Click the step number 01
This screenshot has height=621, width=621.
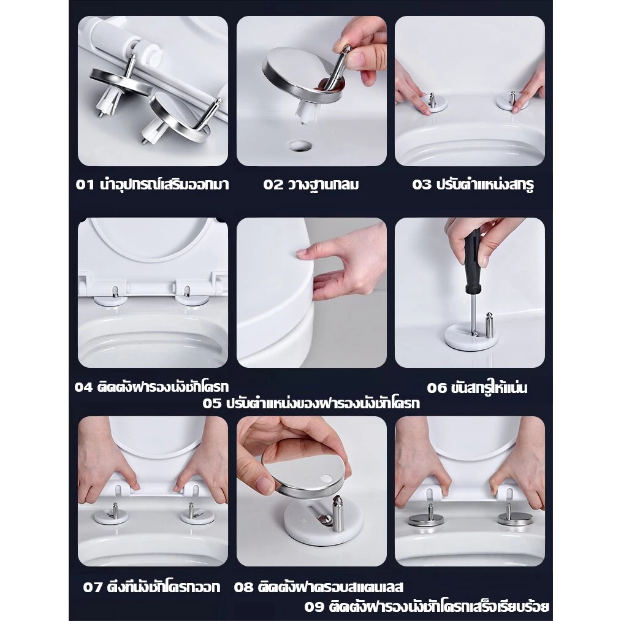point(85,185)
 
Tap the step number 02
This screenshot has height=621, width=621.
point(273,185)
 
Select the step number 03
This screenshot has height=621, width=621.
point(421,185)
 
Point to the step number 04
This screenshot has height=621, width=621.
point(83,387)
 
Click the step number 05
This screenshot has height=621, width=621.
point(212,403)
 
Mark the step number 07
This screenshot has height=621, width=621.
point(93,587)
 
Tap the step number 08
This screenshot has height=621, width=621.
point(243,587)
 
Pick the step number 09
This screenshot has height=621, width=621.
point(314,607)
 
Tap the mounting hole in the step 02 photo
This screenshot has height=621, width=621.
point(300,146)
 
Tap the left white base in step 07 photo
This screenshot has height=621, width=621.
point(112,516)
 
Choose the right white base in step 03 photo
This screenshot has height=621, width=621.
point(512,102)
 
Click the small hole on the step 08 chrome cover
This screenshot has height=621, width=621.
point(327,478)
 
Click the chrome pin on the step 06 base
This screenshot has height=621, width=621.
point(490,326)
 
